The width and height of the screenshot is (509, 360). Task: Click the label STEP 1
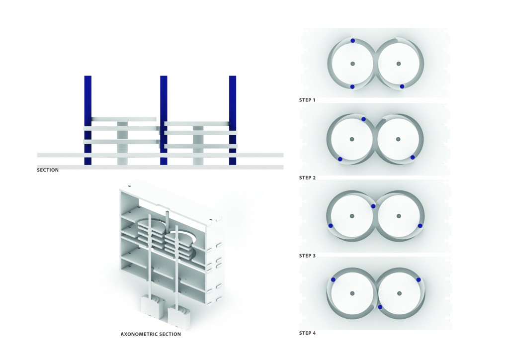(307, 100)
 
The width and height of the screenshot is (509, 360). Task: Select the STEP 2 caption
(307, 178)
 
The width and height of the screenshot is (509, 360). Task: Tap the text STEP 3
(307, 256)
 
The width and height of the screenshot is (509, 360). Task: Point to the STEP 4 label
(307, 333)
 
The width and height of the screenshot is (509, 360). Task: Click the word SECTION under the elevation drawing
(48, 170)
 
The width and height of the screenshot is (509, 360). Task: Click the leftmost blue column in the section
(88, 119)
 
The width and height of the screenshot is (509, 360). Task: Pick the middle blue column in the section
(164, 119)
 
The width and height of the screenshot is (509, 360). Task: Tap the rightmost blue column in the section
(232, 119)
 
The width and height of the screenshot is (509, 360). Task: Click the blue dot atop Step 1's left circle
(352, 41)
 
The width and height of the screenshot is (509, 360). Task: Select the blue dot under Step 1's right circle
(402, 87)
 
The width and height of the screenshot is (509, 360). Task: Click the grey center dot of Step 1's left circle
(352, 64)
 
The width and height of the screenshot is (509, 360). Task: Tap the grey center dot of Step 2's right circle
(398, 139)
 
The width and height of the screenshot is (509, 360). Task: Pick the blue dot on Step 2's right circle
(413, 158)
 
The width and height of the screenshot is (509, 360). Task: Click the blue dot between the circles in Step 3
(373, 206)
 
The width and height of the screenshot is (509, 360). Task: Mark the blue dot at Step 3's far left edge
(331, 226)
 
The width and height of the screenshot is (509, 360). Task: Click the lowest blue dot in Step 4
(380, 307)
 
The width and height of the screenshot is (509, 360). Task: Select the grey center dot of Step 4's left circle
(352, 293)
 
